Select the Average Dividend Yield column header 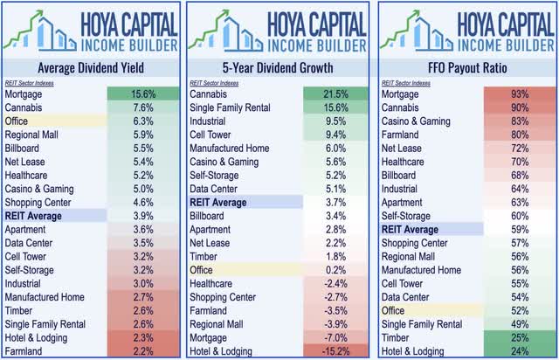point(92,67)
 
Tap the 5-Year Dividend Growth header point(279,67)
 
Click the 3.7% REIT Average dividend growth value point(329,202)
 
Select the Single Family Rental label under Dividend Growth point(230,107)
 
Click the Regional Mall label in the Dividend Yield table point(36,135)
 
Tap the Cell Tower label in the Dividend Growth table point(214,135)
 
